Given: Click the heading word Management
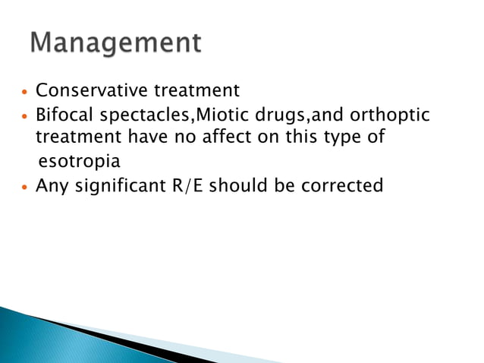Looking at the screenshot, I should [x=116, y=43].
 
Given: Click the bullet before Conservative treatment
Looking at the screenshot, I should [x=25, y=93].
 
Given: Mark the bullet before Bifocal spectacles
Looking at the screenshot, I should [x=25, y=116].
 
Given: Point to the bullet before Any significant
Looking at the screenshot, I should [x=25, y=187].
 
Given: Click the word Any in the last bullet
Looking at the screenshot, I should [x=51, y=186].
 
